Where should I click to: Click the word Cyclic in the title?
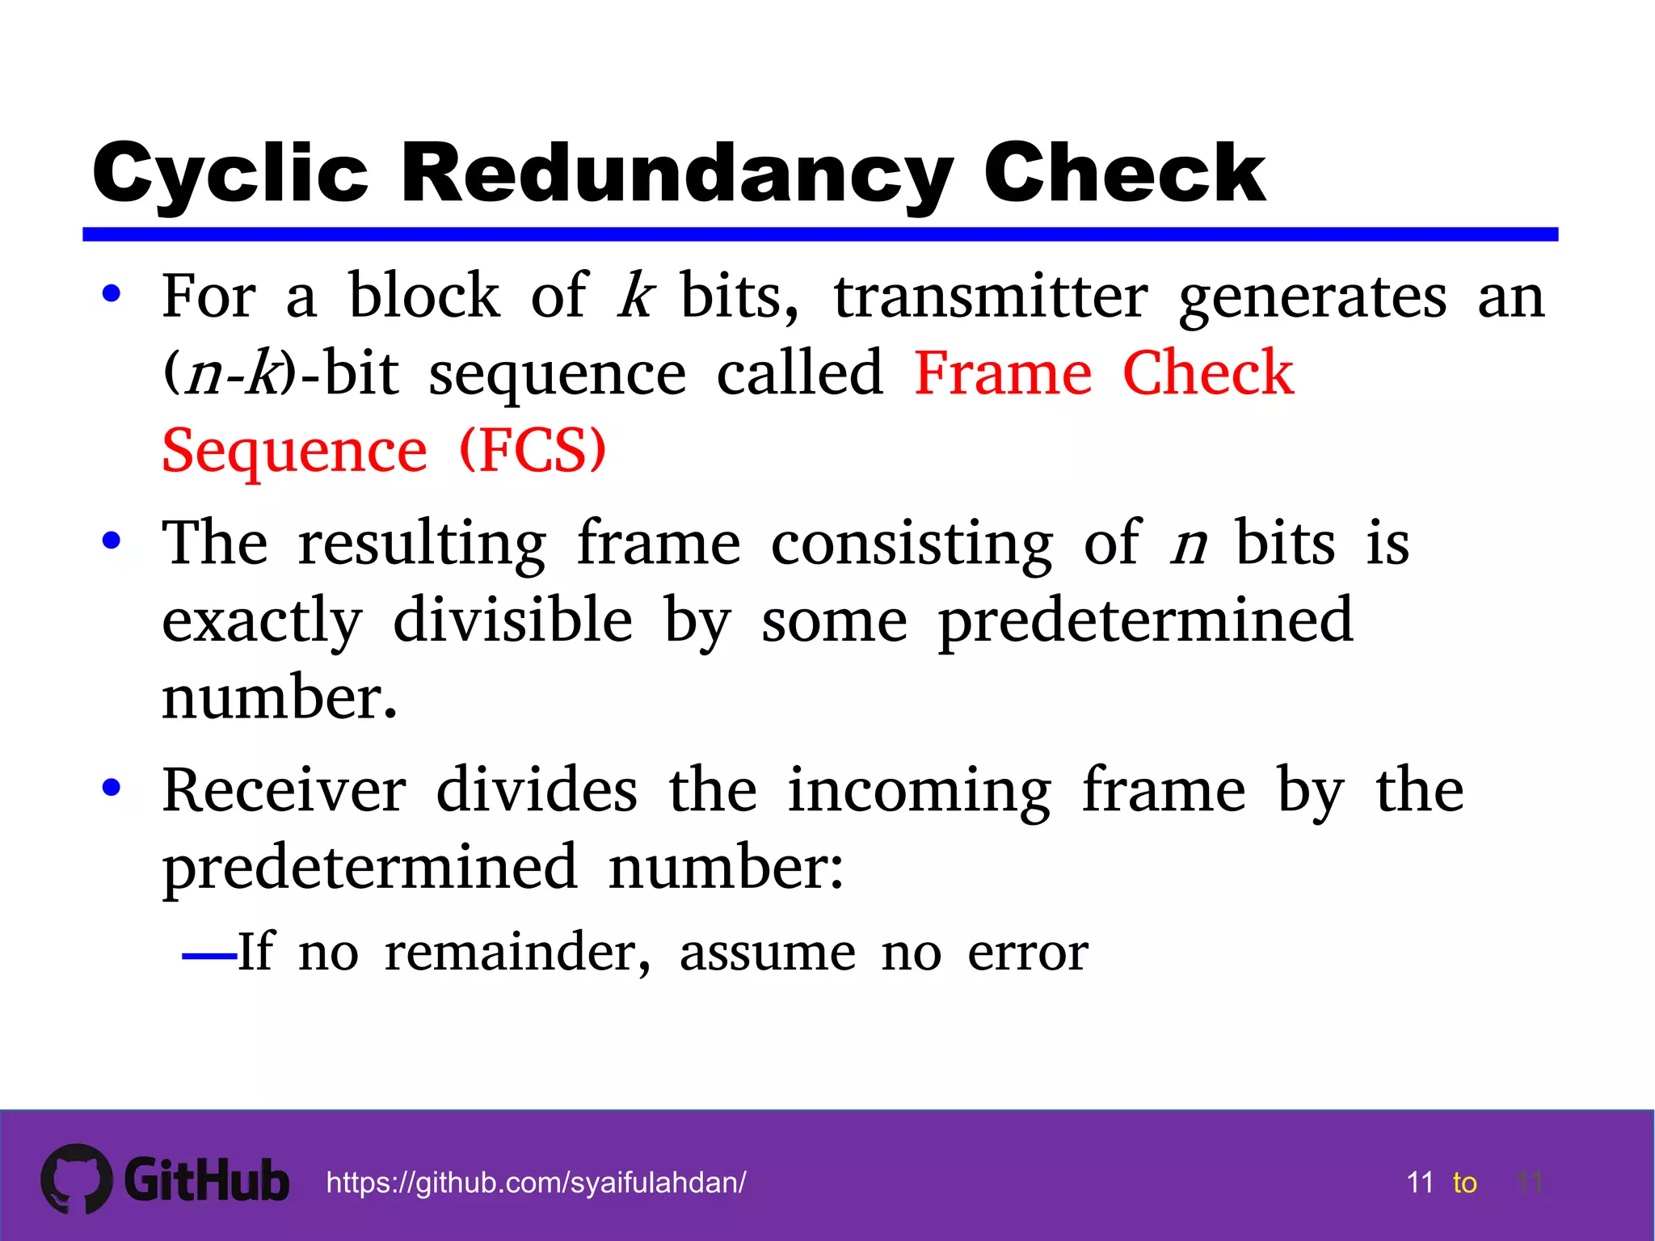click(x=230, y=173)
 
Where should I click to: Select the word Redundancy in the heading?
click(x=677, y=173)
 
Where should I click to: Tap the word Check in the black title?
click(x=1124, y=173)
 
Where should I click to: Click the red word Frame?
click(x=1003, y=373)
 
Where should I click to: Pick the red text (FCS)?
click(x=533, y=450)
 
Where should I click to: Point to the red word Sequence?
click(x=294, y=450)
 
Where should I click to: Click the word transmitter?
click(x=991, y=296)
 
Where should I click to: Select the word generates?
click(x=1312, y=297)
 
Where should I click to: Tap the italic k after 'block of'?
click(x=635, y=296)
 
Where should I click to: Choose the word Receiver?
click(x=284, y=789)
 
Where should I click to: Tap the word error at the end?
click(x=1028, y=953)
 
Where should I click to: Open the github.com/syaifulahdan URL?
click(x=536, y=1183)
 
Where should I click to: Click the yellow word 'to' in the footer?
click(x=1464, y=1183)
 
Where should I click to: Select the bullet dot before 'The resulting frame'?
click(x=112, y=541)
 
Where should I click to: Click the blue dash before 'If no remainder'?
click(x=208, y=957)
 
